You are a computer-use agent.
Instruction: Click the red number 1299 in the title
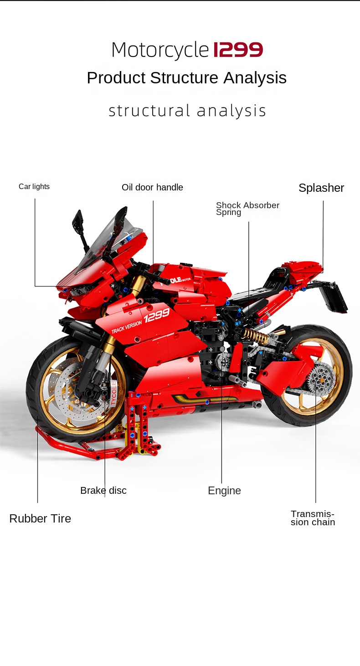pos(238,50)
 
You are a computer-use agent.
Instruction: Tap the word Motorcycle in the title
pos(160,50)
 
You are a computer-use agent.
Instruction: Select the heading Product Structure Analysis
pos(186,78)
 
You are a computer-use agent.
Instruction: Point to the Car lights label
pos(34,186)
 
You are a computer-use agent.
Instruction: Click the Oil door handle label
pos(152,187)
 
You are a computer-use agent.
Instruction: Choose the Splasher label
pos(321,188)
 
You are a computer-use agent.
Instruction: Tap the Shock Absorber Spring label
pos(247,209)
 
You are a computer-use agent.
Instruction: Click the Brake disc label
pos(103,491)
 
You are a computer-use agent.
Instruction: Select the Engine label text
pos(224,491)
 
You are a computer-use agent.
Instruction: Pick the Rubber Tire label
pos(40,518)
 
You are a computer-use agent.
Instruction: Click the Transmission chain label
pos(313,518)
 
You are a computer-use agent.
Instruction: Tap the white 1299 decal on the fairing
pos(156,315)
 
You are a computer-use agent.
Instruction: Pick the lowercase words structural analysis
pos(187,111)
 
